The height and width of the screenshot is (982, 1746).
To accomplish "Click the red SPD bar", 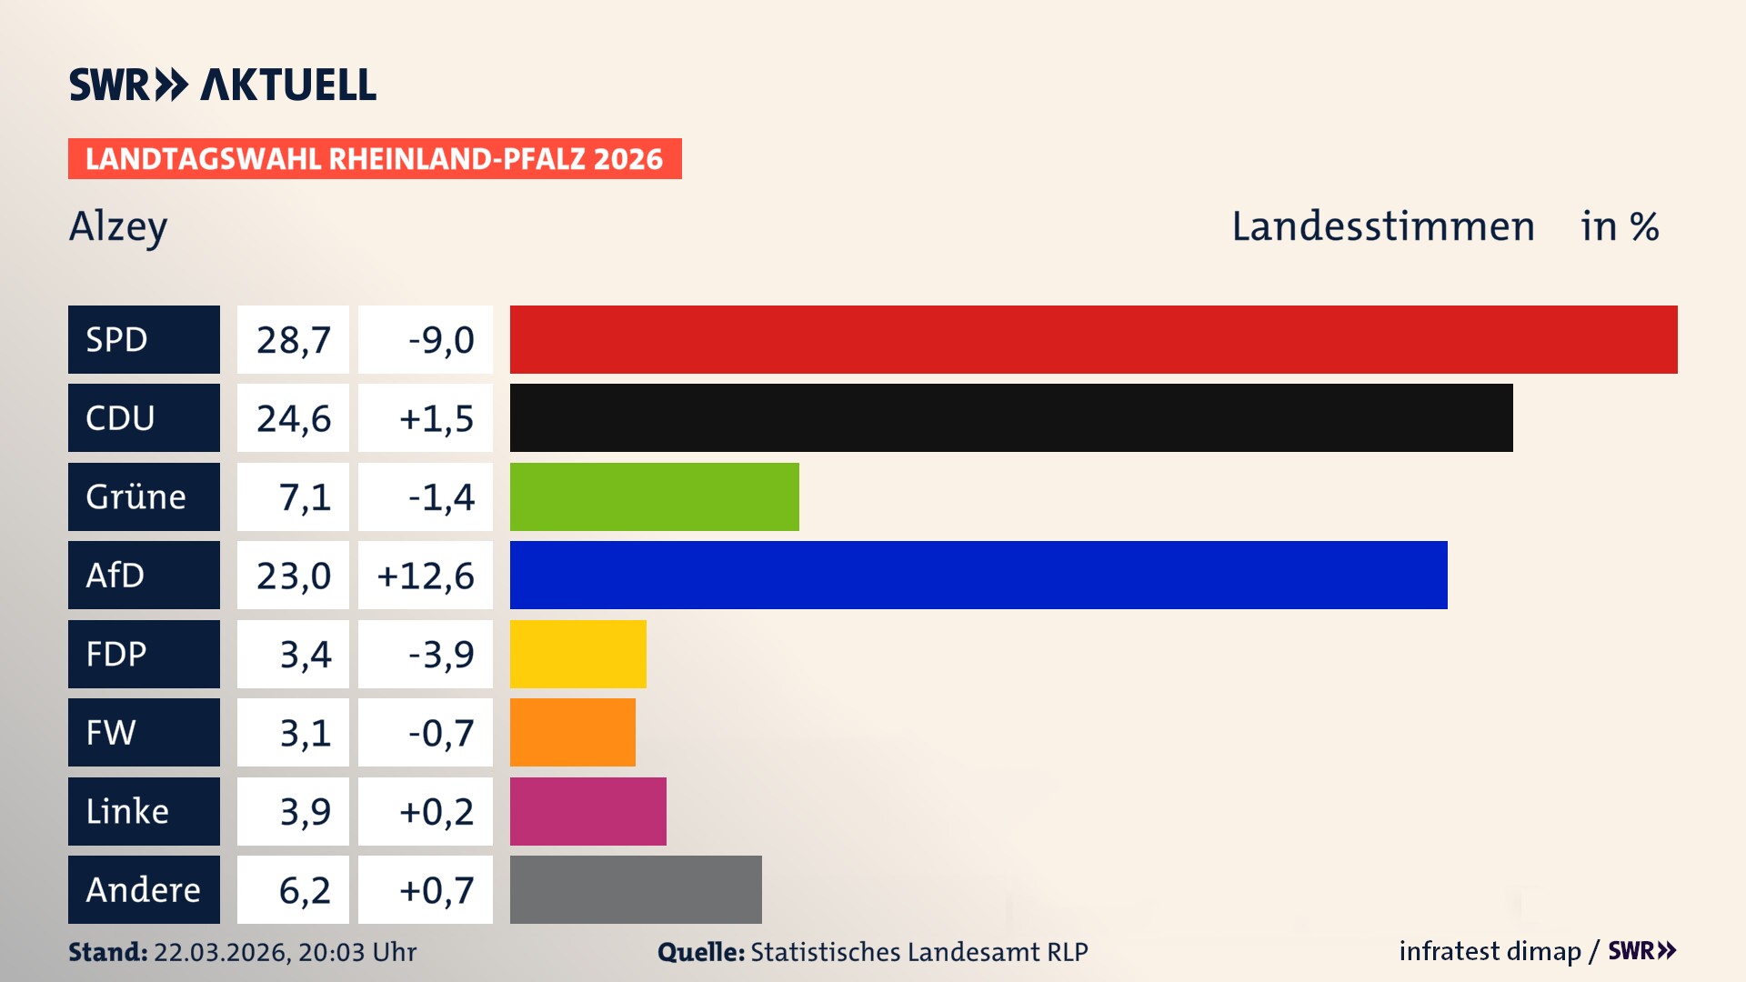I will [1093, 339].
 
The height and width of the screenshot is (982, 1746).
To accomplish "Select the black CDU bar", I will [1011, 418].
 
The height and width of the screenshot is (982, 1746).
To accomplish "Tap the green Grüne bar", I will [654, 496].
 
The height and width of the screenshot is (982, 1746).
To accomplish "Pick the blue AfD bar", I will [978, 575].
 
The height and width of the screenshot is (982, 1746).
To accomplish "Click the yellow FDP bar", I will [577, 654].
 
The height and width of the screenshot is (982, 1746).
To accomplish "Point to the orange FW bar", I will [572, 732].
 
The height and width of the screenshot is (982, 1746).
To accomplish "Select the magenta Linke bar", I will [587, 811].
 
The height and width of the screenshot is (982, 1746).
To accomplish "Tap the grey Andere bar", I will [636, 889].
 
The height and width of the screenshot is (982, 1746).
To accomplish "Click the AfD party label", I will [144, 575].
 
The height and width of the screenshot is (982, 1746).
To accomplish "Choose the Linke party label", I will [144, 811].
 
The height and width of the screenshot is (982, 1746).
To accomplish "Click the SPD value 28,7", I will [293, 339].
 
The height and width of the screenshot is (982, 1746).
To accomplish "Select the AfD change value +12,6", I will [426, 575].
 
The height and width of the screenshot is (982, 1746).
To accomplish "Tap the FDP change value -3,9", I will [426, 654].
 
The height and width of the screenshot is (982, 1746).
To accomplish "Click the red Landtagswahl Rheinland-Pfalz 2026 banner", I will [375, 158].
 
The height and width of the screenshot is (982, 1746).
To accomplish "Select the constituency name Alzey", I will [118, 226].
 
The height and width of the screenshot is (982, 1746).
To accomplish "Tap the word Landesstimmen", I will [1382, 226].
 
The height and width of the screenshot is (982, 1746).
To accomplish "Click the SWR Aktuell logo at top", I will [223, 85].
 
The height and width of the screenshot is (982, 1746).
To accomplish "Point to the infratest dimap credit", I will [1490, 951].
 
